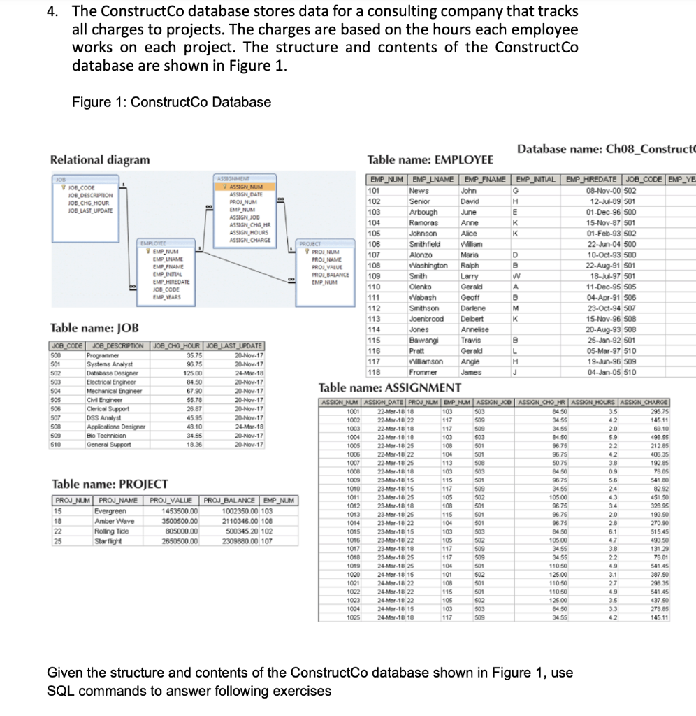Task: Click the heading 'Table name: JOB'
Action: (x=94, y=328)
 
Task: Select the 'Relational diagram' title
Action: (x=100, y=159)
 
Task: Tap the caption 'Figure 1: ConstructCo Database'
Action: (x=171, y=102)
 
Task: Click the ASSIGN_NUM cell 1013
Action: (x=353, y=515)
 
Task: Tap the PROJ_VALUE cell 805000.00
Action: (x=180, y=531)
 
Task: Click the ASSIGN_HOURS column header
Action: (x=592, y=402)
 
